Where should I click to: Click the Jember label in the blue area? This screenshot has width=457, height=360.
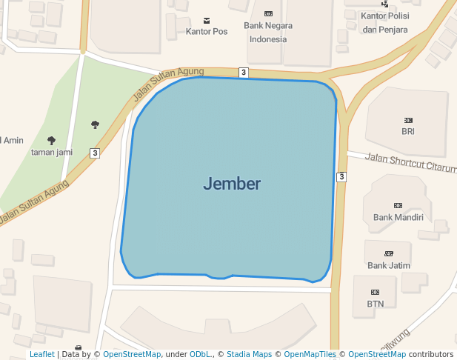point(232,184)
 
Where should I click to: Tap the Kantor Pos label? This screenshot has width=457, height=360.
point(207,32)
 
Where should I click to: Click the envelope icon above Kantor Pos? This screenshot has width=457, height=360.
point(207,19)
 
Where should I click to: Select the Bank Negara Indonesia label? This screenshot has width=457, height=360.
point(267,32)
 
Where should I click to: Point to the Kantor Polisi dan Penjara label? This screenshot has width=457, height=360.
point(384,22)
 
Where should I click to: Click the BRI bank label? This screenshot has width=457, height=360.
point(408,132)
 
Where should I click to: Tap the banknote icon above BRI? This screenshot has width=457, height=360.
point(408,120)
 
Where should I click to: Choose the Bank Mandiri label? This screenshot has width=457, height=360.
point(398,217)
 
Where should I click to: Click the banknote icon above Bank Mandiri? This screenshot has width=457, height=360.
point(398,205)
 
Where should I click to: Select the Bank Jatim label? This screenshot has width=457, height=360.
point(389,265)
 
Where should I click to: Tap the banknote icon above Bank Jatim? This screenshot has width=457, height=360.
point(389,253)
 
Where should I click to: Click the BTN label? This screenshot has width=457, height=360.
point(376,304)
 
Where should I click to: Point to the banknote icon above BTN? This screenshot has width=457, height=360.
point(376,292)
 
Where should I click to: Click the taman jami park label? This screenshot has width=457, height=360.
point(51,152)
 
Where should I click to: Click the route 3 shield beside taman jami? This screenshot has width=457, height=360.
point(95,153)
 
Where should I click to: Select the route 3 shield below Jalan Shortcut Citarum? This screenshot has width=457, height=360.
point(341,176)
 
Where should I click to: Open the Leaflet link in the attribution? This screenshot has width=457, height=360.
point(42,355)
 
